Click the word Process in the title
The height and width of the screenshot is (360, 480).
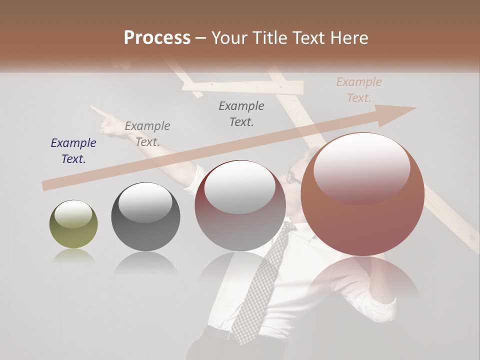pos(157,38)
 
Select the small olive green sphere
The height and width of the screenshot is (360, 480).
pos(73,224)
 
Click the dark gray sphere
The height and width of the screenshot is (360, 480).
pos(145,216)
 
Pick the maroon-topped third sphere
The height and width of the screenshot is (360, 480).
pos(240,206)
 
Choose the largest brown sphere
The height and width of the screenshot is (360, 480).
pos(362,195)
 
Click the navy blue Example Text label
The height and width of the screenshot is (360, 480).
pos(73,151)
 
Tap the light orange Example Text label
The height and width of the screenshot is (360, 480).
pos(359,90)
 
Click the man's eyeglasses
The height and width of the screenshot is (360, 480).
pos(294,177)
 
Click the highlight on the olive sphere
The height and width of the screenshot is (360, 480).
pos(73,213)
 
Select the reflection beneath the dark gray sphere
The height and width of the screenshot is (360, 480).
pos(145,262)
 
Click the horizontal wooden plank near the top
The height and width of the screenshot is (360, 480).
pos(243,87)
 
